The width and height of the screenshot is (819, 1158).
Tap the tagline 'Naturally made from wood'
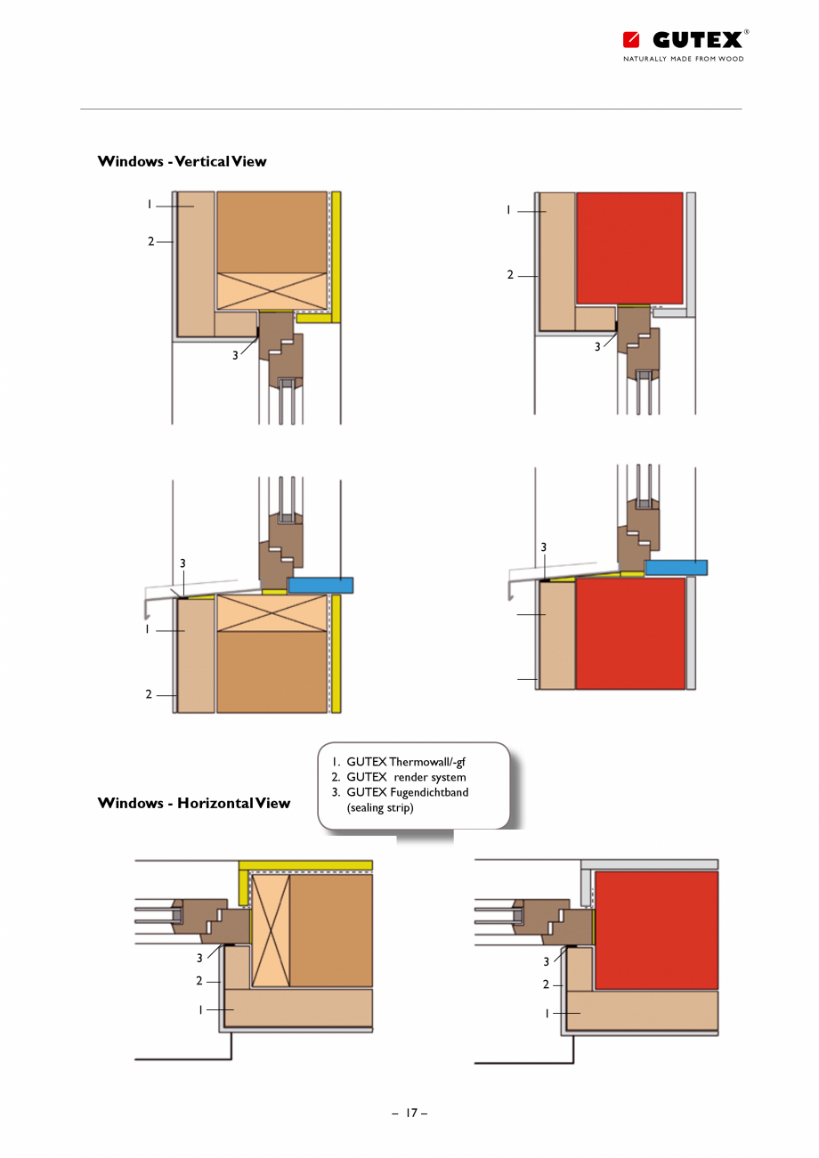[683, 59]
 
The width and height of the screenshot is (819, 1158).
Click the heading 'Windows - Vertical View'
[182, 161]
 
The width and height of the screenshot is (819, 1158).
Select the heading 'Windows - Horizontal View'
[193, 803]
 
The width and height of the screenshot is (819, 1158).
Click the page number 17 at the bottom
[410, 1113]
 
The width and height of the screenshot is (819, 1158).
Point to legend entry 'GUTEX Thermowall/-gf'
[406, 762]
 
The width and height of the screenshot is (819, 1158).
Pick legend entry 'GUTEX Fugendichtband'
[407, 792]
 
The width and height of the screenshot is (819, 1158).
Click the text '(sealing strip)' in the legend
[380, 807]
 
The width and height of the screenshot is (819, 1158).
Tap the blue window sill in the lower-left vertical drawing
[320, 585]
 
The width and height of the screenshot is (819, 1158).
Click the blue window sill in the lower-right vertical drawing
[676, 567]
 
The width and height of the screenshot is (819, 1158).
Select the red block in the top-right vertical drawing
[630, 247]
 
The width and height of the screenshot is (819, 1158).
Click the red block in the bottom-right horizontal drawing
[656, 930]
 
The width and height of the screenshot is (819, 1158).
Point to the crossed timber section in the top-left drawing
[272, 290]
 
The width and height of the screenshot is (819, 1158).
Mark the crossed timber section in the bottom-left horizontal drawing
[272, 930]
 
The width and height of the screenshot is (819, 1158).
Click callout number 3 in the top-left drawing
[236, 354]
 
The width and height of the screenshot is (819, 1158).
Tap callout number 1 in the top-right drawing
[508, 210]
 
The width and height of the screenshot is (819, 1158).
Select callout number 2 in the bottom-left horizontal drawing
[199, 981]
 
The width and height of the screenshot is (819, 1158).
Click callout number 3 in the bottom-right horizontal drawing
[547, 961]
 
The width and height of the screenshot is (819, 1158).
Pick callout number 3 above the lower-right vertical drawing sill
[543, 546]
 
